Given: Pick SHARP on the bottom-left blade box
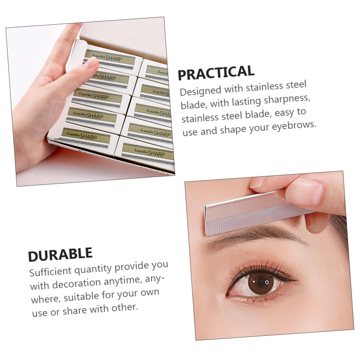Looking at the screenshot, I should click(88, 137).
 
